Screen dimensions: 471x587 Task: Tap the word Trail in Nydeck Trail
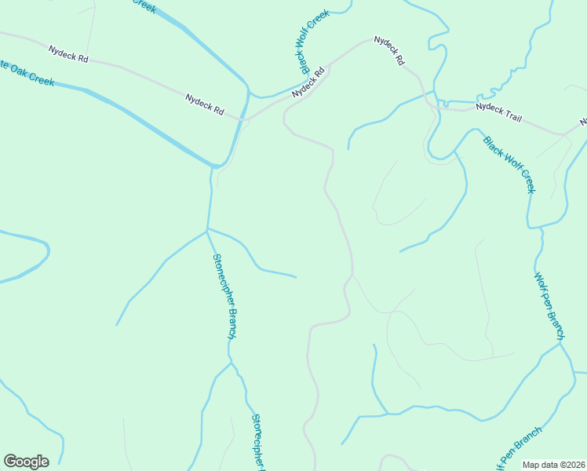coord(511,115)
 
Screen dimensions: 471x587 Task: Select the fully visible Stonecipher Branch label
coord(225,296)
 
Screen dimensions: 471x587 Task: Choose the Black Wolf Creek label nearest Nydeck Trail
coord(509,165)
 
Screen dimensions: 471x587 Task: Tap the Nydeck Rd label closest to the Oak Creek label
coord(68,54)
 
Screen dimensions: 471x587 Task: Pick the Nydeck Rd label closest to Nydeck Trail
coord(388,49)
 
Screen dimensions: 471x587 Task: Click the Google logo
coord(26,462)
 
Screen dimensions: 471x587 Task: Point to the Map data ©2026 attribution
coord(554,465)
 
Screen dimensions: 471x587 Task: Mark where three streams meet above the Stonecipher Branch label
coord(207,229)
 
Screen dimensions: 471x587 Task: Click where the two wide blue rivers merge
coord(216,166)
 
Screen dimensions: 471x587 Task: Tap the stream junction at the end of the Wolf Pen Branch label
coord(561,342)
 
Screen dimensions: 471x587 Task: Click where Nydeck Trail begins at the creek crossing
coord(439,103)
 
